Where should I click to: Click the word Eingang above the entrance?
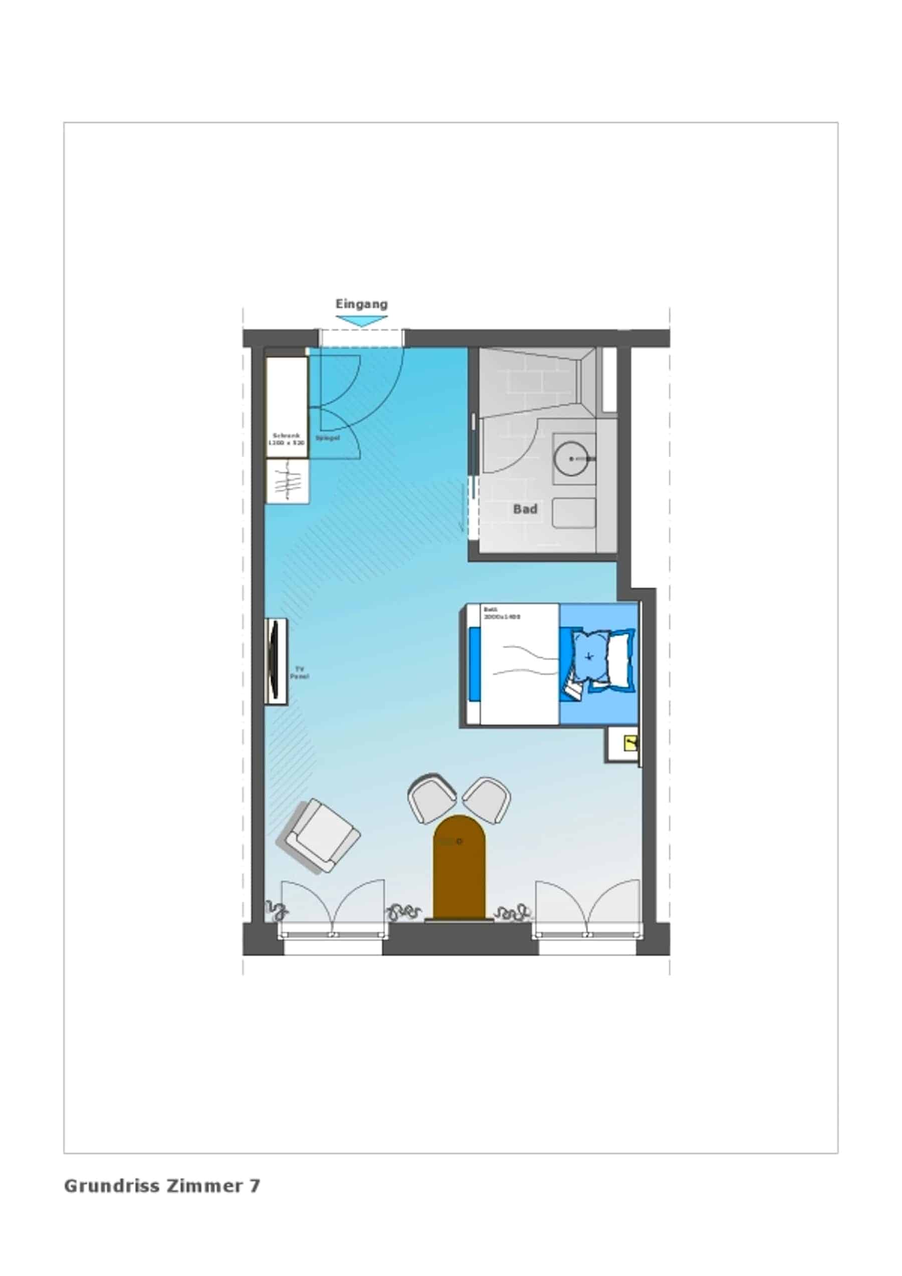(361, 304)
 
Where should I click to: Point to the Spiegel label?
(327, 438)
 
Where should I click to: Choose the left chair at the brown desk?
(431, 798)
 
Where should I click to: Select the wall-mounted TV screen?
(274, 661)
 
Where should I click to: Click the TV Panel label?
(299, 673)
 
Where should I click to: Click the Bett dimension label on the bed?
(501, 613)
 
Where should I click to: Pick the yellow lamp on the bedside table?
(631, 742)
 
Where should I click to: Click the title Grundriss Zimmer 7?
(162, 1185)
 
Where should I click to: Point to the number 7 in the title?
(254, 1185)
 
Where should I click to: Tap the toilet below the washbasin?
(574, 513)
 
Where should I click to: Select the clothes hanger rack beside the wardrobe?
(287, 481)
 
